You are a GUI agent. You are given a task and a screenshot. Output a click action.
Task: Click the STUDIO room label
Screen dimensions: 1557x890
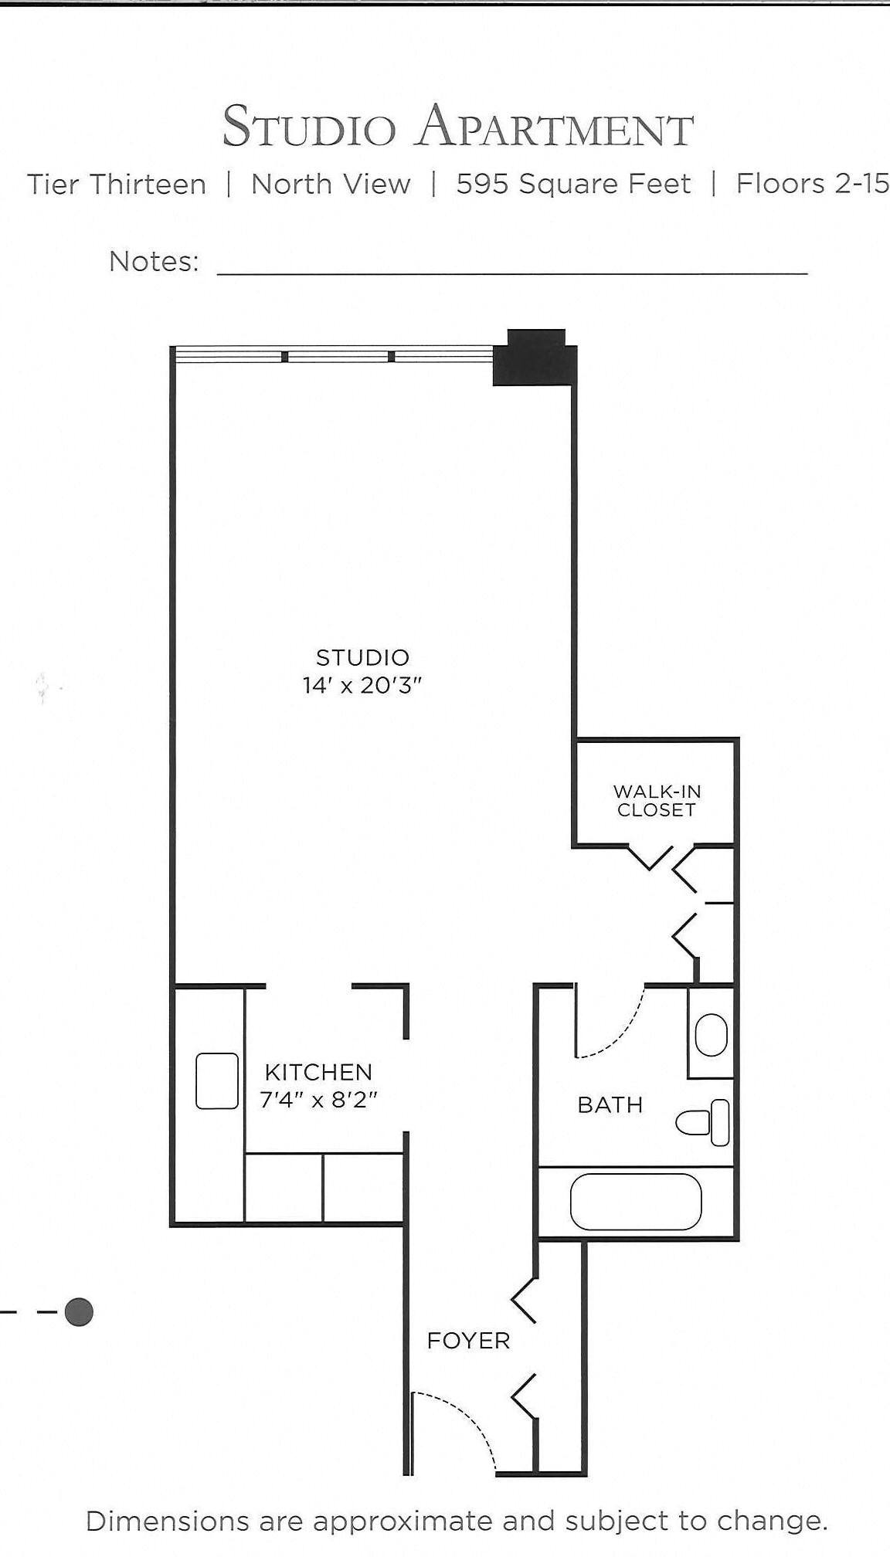362,657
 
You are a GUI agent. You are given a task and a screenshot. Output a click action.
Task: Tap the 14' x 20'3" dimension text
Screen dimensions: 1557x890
362,685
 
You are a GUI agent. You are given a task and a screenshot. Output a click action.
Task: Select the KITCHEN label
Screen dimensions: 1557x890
318,1072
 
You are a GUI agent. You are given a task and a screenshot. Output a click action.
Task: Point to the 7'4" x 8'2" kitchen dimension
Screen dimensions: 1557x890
318,1099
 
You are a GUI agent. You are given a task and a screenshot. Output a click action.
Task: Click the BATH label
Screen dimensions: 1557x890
610,1105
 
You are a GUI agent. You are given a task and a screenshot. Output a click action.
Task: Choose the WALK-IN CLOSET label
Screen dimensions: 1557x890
657,801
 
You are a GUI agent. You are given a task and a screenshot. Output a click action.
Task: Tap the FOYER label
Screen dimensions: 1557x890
468,1341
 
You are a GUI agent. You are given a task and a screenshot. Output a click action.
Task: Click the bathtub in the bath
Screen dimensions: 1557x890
636,1203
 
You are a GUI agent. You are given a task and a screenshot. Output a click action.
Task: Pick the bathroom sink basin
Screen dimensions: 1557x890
711,1035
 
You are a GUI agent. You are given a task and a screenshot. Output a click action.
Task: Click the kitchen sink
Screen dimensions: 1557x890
217,1080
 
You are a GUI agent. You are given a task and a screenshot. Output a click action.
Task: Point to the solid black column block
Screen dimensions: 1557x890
535,358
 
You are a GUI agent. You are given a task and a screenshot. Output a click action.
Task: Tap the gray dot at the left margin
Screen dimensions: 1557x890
79,1311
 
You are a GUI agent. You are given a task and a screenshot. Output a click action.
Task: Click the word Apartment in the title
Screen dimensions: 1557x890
555,127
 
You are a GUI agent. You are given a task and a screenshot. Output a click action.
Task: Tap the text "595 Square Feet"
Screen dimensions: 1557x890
573,184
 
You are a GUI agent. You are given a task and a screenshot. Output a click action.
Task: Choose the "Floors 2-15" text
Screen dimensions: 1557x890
811,184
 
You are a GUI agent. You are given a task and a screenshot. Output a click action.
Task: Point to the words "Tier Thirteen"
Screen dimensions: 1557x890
117,185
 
